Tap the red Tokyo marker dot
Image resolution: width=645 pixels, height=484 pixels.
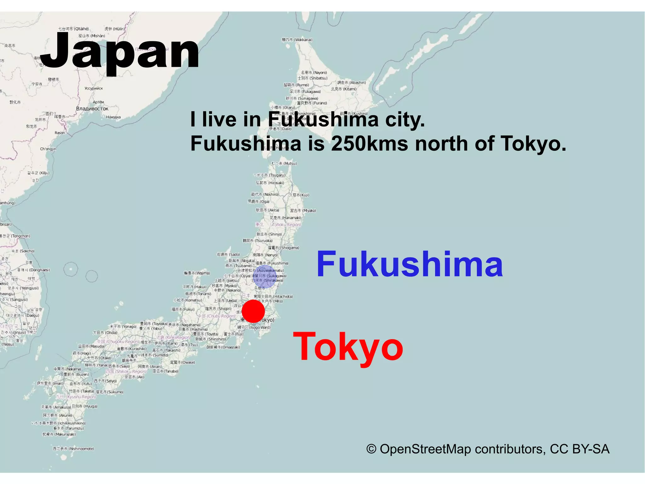(x=253, y=311)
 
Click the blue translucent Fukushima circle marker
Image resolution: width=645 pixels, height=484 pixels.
(x=265, y=277)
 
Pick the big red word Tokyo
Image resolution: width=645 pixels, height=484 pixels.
(x=348, y=347)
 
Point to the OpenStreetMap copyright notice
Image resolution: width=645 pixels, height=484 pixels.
(x=488, y=449)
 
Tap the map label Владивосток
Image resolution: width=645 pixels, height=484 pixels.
(x=92, y=109)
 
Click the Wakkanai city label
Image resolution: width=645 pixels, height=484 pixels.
(x=297, y=40)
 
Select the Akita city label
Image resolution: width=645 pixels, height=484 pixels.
(x=267, y=210)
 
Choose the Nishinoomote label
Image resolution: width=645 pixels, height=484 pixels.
(x=73, y=449)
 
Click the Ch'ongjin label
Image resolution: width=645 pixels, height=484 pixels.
(x=48, y=149)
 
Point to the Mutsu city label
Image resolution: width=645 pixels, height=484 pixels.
(x=284, y=163)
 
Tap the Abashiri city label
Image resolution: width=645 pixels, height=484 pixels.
(x=351, y=83)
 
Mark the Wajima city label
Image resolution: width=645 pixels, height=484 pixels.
(x=197, y=273)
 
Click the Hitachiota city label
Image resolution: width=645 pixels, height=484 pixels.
(x=273, y=296)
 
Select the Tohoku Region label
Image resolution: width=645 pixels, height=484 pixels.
(x=286, y=225)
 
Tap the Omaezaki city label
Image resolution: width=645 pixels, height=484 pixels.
(x=223, y=347)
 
